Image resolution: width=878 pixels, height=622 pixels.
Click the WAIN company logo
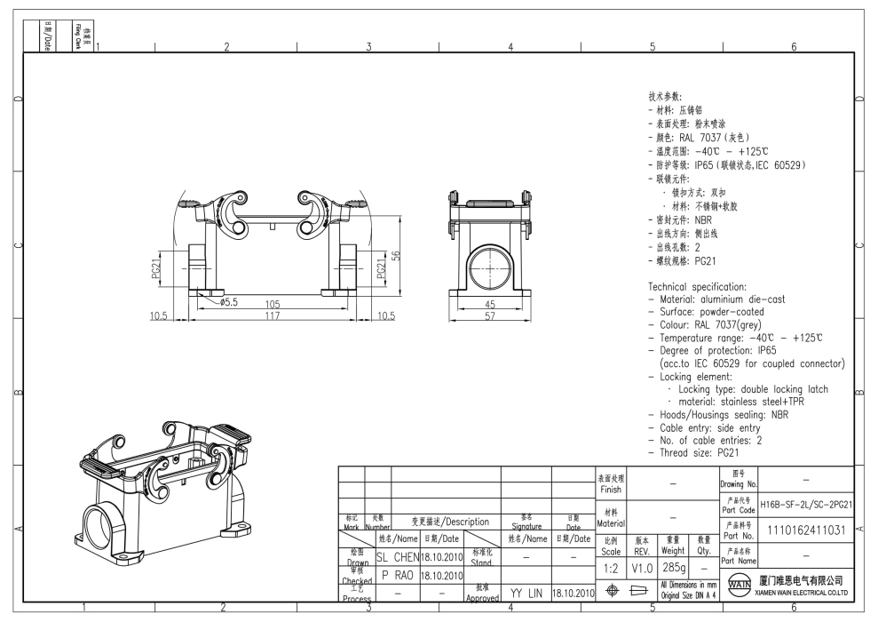pos(737,586)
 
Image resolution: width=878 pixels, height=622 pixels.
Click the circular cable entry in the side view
pos(490,267)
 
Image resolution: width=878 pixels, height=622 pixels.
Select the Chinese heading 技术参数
pos(668,96)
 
